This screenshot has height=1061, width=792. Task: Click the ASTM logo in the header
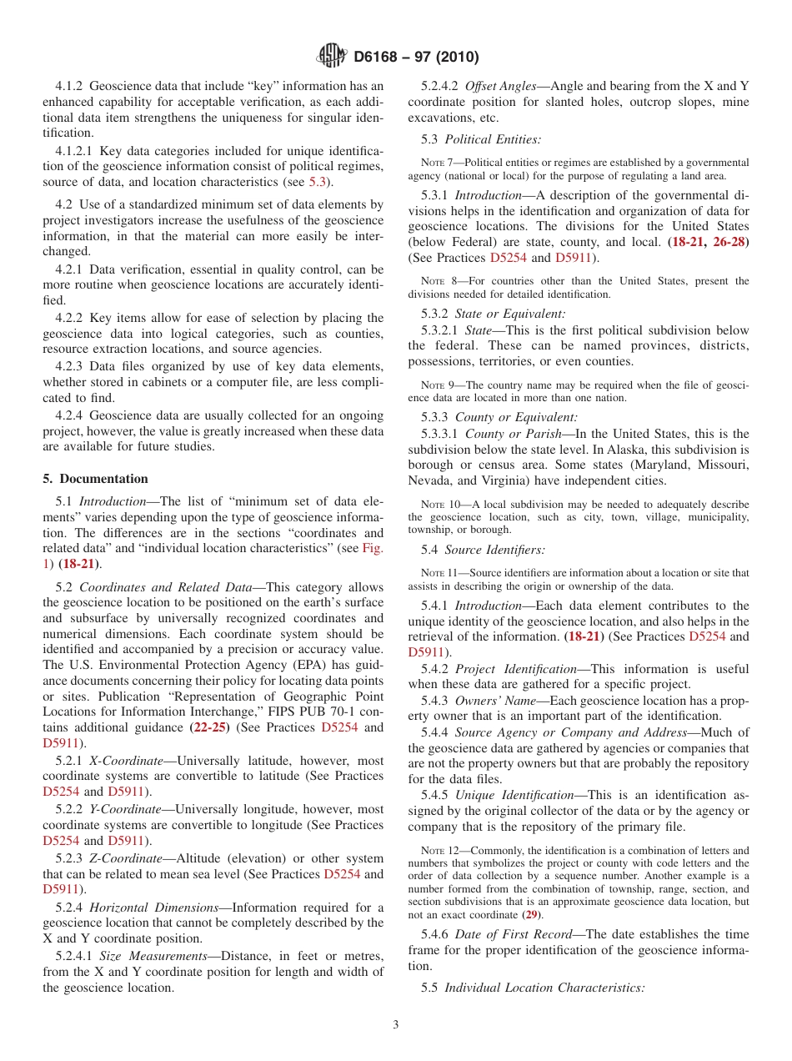click(x=333, y=57)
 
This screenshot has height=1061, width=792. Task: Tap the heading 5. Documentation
click(x=96, y=479)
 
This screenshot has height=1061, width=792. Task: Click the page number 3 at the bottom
click(x=396, y=1025)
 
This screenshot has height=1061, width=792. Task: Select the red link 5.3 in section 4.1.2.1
click(x=318, y=181)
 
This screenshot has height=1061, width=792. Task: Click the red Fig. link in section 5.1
click(x=373, y=548)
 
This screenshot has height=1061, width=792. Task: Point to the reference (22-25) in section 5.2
click(x=208, y=727)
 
